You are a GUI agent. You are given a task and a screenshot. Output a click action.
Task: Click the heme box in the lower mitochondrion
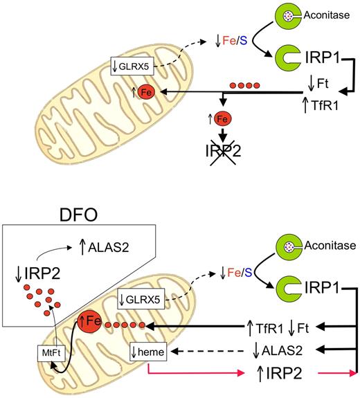click(x=147, y=353)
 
